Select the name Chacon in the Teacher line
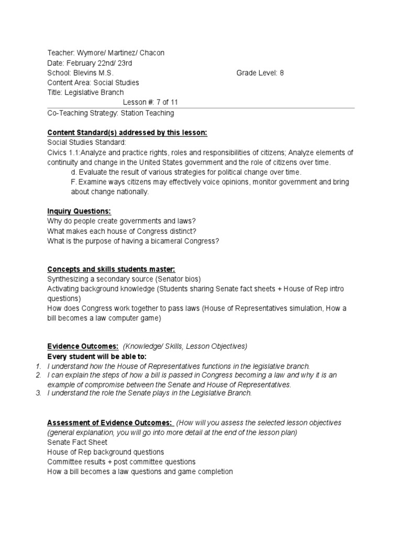tap(151, 53)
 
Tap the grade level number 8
tap(282, 73)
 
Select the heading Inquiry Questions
tap(79, 211)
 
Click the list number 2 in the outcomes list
tap(39, 375)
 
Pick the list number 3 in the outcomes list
tap(39, 393)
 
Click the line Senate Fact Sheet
tap(77, 442)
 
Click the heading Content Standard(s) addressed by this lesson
tap(127, 133)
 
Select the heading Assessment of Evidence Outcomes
tap(109, 423)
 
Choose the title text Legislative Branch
tap(94, 93)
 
